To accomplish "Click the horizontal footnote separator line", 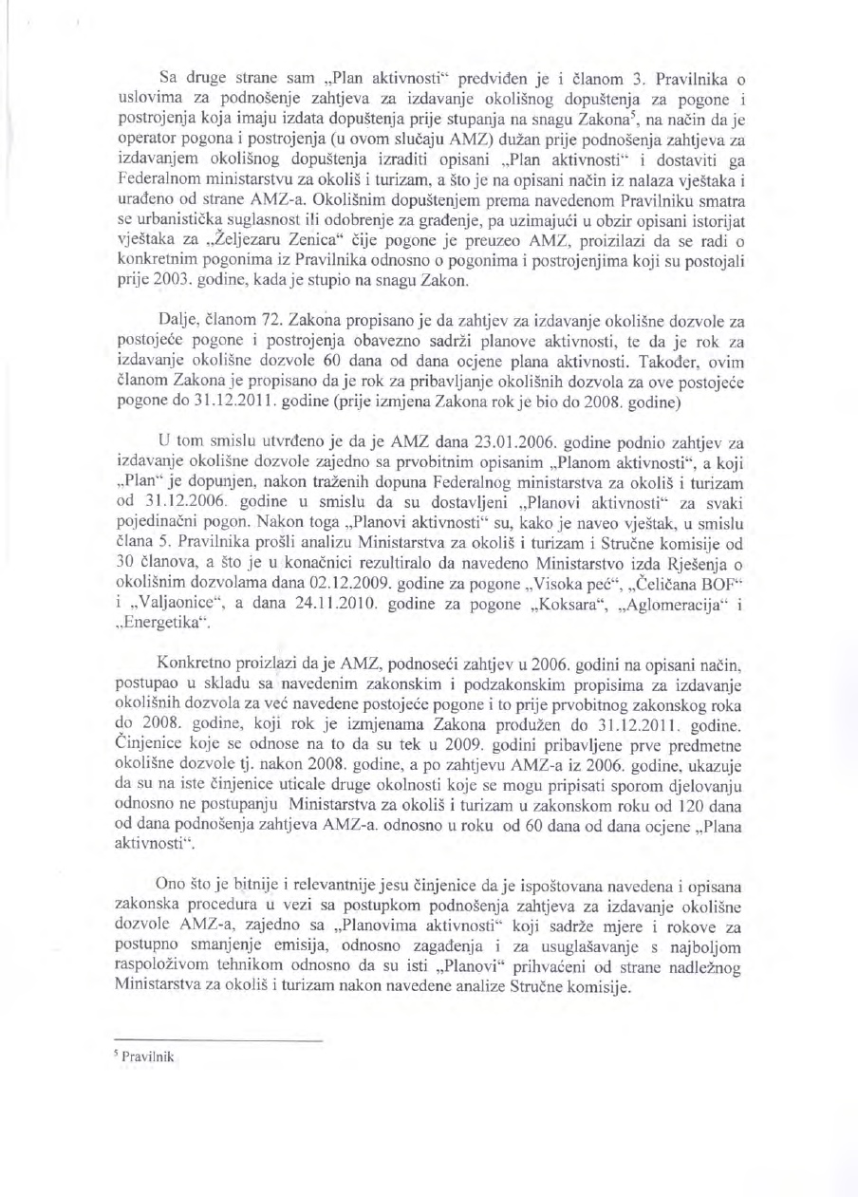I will pos(218,1041).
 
